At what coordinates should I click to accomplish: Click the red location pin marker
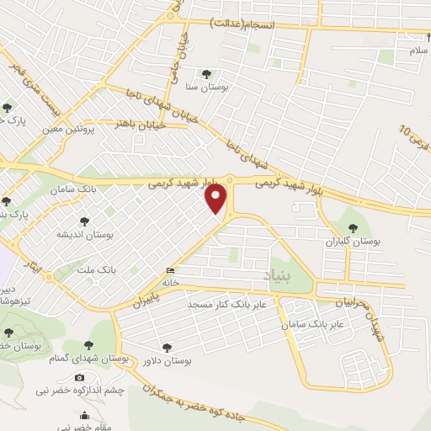pos(216,199)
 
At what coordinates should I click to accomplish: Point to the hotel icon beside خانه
pos(172,271)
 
